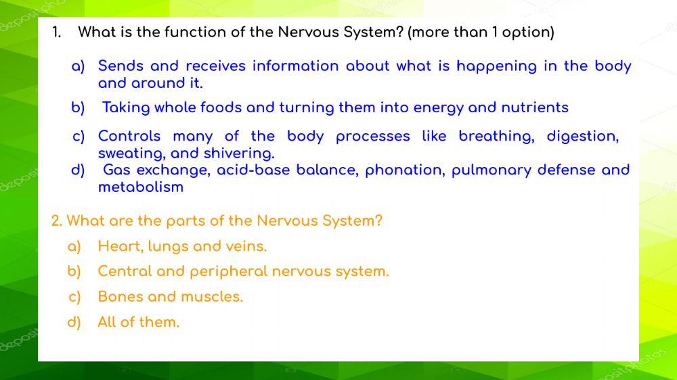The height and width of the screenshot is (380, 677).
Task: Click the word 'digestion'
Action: (x=583, y=137)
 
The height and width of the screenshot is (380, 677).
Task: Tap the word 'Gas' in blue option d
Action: (x=116, y=170)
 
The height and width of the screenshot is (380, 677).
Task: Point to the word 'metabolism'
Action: (x=141, y=187)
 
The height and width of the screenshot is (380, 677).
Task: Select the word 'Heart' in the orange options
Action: (x=118, y=247)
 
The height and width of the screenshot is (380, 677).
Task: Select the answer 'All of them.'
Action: (x=139, y=323)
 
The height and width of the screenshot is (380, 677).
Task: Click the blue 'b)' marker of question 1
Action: (x=78, y=108)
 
